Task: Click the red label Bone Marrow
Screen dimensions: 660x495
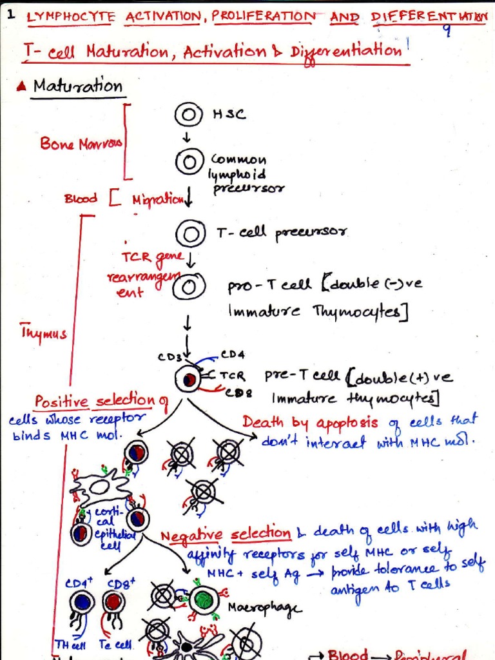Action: (x=80, y=143)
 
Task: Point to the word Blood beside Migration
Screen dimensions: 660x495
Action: (x=81, y=199)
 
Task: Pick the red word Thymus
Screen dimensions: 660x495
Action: (x=44, y=333)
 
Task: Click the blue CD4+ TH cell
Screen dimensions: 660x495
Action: (x=82, y=603)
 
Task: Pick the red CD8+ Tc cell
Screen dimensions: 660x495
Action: (x=113, y=603)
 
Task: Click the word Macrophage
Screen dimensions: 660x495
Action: (x=256, y=608)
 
